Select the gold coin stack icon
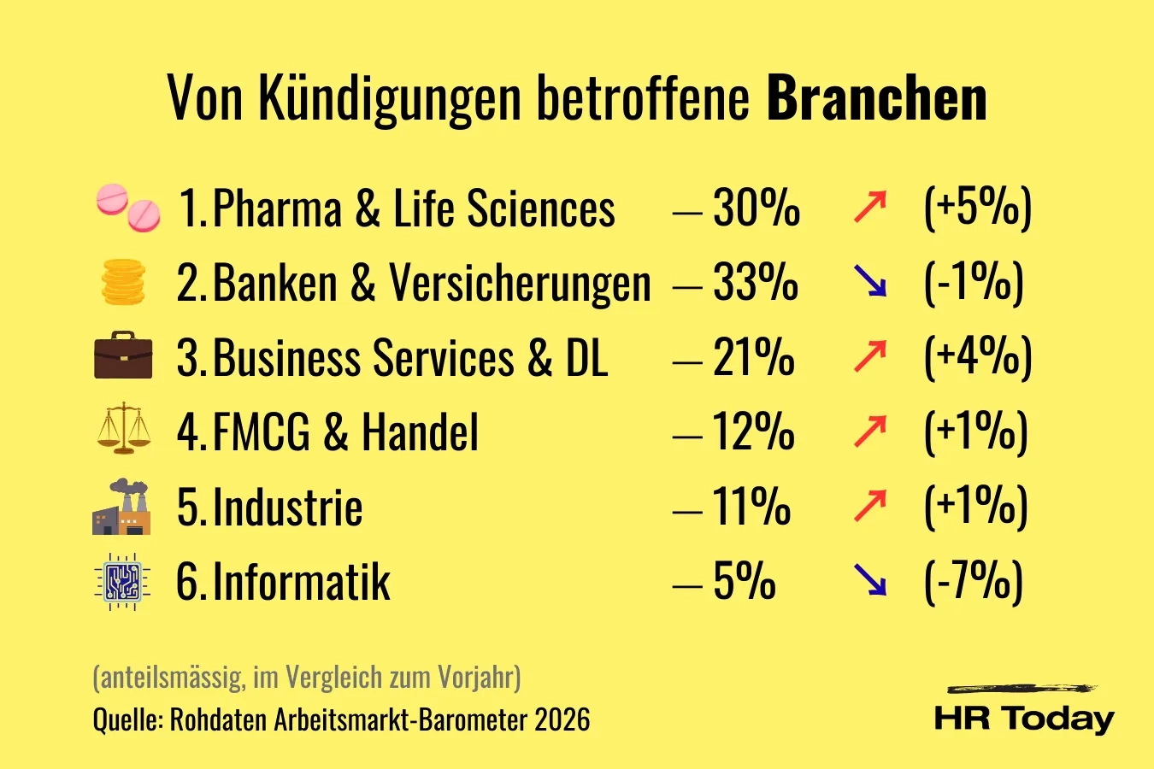coord(123,282)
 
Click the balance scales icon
coord(123,429)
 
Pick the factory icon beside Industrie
coord(121,507)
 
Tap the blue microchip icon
coord(122,582)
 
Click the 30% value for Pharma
coord(757,208)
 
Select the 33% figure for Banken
coord(756,282)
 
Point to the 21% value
coord(753,357)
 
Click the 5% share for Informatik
coord(744,582)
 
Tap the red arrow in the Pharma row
coord(870,208)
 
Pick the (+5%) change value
coord(978,208)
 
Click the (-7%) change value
coord(974,582)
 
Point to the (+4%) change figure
coord(978,357)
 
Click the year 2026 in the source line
coord(562,719)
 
